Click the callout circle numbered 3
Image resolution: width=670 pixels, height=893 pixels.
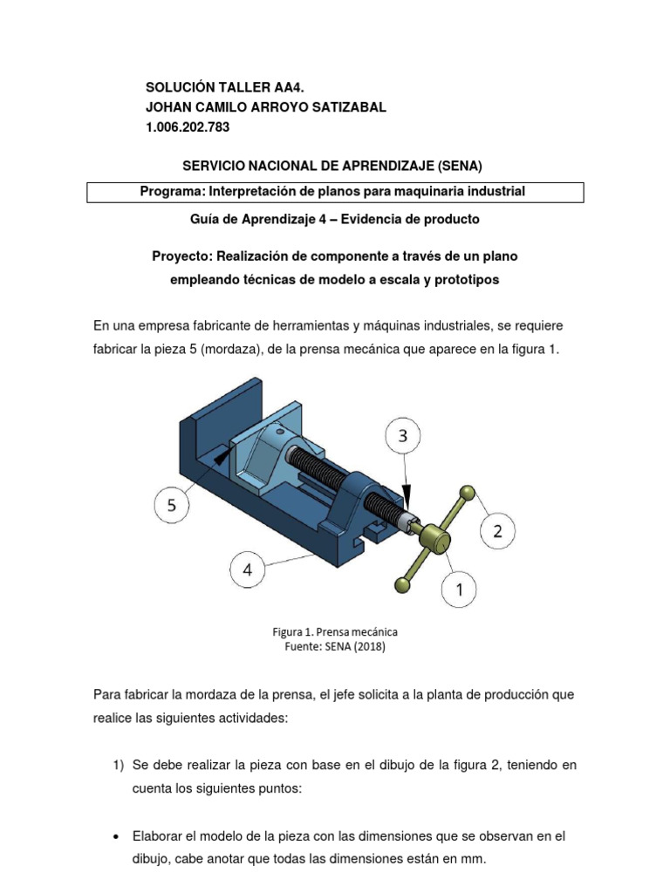[403, 437]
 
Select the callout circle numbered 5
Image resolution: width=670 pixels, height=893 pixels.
[172, 504]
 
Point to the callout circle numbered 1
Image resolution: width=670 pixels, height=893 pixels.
[459, 590]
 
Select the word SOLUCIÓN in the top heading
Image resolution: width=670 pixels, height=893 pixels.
[179, 87]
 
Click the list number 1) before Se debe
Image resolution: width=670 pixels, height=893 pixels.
[120, 765]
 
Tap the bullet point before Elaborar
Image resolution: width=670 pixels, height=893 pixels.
[117, 837]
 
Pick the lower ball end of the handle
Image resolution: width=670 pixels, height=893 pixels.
[402, 584]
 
